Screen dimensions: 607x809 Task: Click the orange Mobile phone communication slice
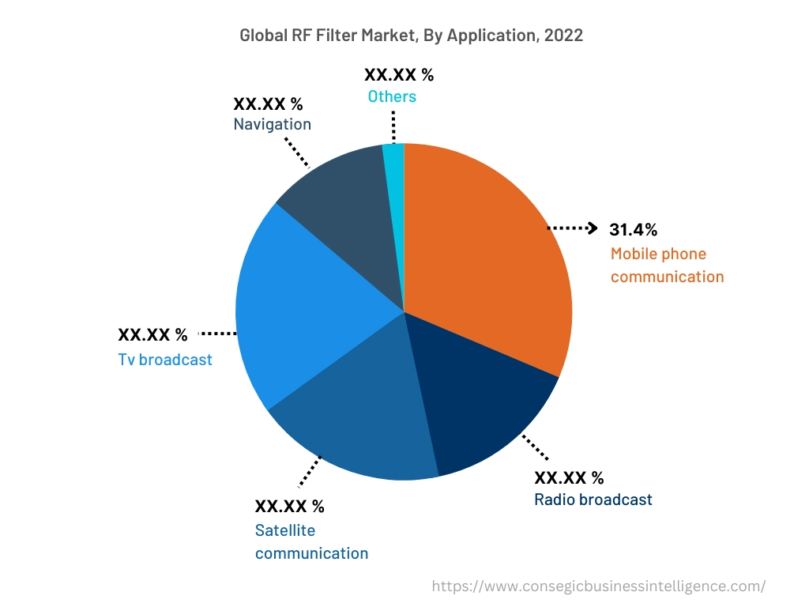click(482, 253)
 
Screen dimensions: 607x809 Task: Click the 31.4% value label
click(633, 230)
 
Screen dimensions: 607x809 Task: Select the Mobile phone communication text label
click(667, 266)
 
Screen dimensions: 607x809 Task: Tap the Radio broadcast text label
click(593, 500)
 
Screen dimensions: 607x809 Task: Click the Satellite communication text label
click(311, 541)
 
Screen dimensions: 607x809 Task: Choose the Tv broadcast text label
click(165, 360)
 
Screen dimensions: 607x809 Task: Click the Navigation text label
click(273, 124)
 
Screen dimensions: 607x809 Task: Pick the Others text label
click(392, 96)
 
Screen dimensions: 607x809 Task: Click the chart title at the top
click(411, 36)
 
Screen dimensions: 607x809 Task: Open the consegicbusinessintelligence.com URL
click(599, 586)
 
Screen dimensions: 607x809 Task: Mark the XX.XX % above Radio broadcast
click(569, 478)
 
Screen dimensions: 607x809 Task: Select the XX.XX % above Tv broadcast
click(152, 335)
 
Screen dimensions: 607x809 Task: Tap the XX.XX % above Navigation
click(268, 104)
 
